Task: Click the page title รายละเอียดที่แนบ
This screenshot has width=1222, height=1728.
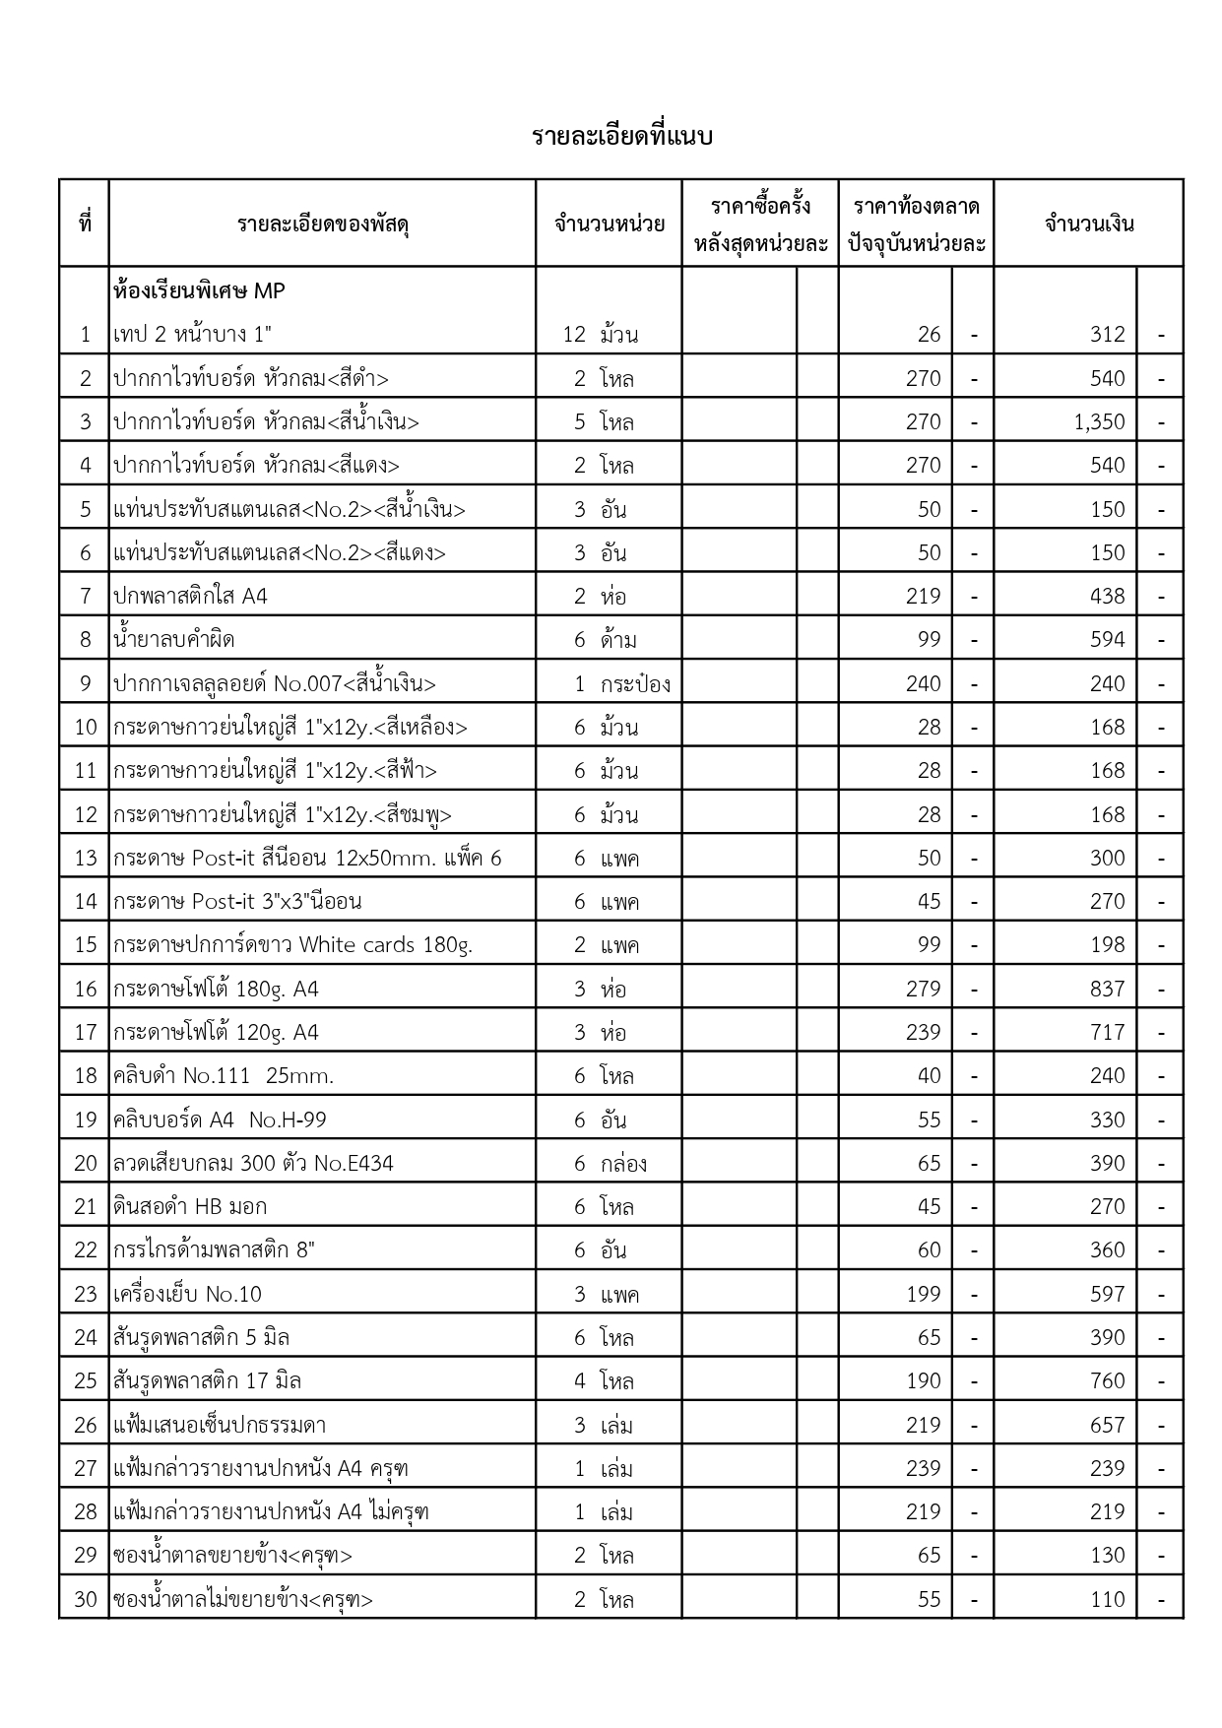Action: tap(621, 136)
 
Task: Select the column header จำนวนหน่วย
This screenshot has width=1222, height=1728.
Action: tap(609, 224)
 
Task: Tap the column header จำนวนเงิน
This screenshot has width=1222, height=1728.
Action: tap(1088, 224)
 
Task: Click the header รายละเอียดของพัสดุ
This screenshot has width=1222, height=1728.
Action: tap(323, 224)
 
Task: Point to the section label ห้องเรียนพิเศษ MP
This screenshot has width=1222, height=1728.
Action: tap(199, 291)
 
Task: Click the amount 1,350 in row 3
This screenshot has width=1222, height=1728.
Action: tap(1099, 422)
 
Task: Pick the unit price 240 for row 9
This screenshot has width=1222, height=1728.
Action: tap(923, 684)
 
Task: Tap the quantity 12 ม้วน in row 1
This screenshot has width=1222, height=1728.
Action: tap(600, 335)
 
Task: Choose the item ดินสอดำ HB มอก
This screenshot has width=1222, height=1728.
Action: tap(190, 1207)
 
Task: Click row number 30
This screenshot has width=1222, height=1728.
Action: tap(86, 1600)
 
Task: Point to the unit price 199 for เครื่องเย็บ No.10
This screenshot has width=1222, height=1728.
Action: tap(923, 1295)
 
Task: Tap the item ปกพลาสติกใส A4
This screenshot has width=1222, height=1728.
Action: tap(190, 597)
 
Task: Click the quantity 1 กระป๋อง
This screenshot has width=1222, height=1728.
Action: tap(622, 684)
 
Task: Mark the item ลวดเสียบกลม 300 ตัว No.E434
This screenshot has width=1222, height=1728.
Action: tap(253, 1164)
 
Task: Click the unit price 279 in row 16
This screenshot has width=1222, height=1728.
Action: tap(923, 990)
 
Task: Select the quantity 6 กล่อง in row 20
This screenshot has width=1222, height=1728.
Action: tap(611, 1164)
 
